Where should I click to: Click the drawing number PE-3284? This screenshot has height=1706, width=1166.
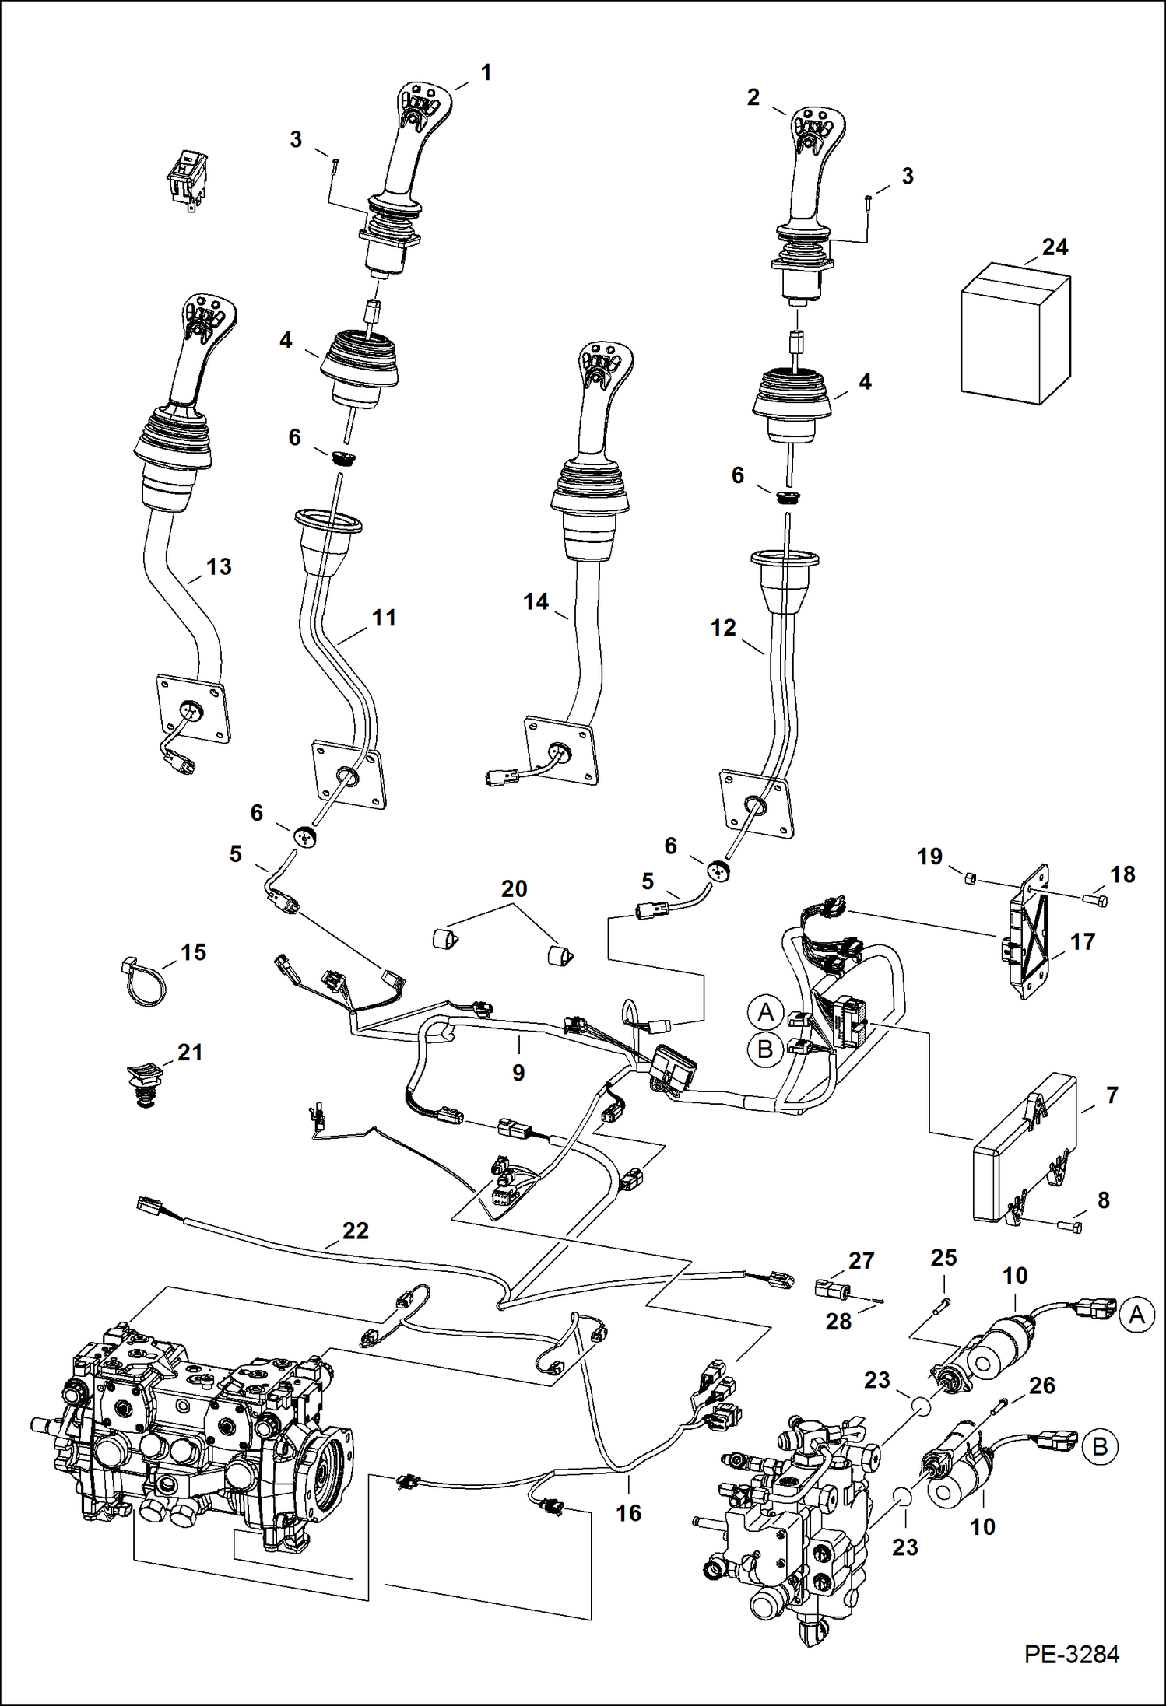[x=1072, y=1655]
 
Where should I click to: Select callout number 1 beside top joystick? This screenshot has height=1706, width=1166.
[x=486, y=73]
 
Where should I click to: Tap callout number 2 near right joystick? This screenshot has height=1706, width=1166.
[x=753, y=97]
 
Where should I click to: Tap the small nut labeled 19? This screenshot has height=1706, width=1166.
[x=970, y=878]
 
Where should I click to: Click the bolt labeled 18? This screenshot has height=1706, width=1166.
[x=1095, y=900]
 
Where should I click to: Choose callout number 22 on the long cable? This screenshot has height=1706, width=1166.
[x=355, y=1231]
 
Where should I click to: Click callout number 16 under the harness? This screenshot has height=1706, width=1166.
[x=628, y=1512]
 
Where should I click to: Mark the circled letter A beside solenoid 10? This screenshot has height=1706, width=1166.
[x=1136, y=1315]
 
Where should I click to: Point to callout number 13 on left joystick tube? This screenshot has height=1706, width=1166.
[x=219, y=566]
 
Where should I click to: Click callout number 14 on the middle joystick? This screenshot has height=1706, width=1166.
[x=536, y=601]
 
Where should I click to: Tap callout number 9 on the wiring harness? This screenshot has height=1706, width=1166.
[x=518, y=1072]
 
